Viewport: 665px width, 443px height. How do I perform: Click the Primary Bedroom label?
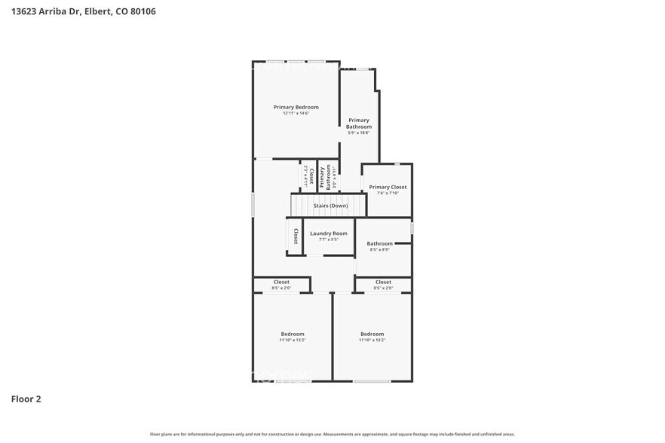pyautogui.click(x=296, y=107)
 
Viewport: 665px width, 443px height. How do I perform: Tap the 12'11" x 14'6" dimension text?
pyautogui.click(x=296, y=114)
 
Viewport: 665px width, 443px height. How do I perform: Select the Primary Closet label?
pyautogui.click(x=388, y=187)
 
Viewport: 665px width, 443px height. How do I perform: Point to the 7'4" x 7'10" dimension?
pyautogui.click(x=388, y=193)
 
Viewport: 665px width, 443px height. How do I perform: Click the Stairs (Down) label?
pyautogui.click(x=331, y=205)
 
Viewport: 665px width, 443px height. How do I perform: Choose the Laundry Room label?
pyautogui.click(x=329, y=234)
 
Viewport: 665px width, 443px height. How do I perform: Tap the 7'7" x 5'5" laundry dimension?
pyautogui.click(x=329, y=240)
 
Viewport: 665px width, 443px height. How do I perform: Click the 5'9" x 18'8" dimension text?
pyautogui.click(x=359, y=133)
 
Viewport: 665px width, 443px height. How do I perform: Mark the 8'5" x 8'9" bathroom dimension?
pyautogui.click(x=379, y=249)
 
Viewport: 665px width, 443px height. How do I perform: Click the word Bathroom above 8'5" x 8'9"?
pyautogui.click(x=379, y=243)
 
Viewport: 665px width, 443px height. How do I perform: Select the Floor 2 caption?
pyautogui.click(x=26, y=399)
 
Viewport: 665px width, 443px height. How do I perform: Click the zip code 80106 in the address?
pyautogui.click(x=141, y=12)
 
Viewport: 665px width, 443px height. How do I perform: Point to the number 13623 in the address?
pyautogui.click(x=25, y=12)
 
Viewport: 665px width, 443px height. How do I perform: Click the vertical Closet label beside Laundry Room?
pyautogui.click(x=296, y=236)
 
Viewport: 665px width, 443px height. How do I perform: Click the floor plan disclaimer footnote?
pyautogui.click(x=332, y=434)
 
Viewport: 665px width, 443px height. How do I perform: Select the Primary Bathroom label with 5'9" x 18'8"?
pyautogui.click(x=359, y=124)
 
